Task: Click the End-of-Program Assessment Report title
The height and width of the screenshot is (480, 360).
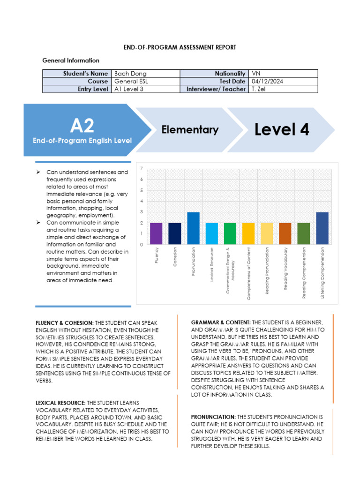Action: (180, 47)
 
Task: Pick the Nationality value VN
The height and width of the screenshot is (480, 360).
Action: (256, 74)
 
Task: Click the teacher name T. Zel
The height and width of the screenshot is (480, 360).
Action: (259, 89)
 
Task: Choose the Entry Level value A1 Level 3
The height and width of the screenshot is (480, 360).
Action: (129, 89)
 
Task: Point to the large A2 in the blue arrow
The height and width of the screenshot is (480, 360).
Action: (82, 126)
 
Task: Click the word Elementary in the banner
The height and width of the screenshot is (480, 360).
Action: (190, 130)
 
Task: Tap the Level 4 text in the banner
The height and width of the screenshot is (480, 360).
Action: (282, 130)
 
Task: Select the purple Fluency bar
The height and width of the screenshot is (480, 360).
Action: (156, 233)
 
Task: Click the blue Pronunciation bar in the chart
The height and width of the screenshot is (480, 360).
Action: (194, 228)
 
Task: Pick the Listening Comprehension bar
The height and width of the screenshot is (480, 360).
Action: (322, 228)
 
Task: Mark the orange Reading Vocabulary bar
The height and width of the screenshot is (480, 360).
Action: (285, 233)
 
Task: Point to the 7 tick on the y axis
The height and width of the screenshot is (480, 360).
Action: (142, 168)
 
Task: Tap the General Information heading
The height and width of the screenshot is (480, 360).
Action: (71, 60)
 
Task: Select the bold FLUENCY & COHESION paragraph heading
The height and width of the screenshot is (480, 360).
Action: (65, 323)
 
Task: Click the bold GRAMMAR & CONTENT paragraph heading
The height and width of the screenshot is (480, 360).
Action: (221, 322)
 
